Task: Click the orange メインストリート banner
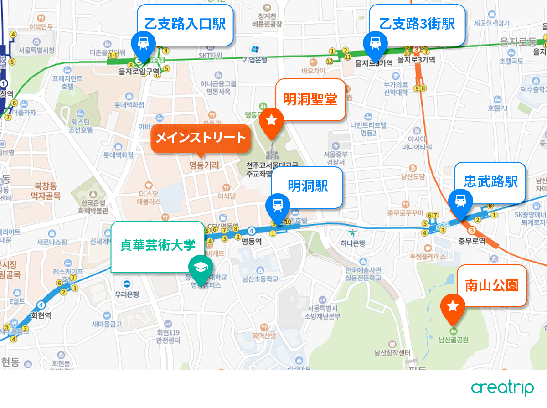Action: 201,138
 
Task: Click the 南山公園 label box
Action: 491,286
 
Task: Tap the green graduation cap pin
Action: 199,268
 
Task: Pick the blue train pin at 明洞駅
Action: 277,206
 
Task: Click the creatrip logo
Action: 502,388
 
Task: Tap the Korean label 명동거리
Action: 204,165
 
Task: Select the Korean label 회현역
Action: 41,315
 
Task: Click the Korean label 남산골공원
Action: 454,340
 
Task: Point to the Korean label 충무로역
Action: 472,240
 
